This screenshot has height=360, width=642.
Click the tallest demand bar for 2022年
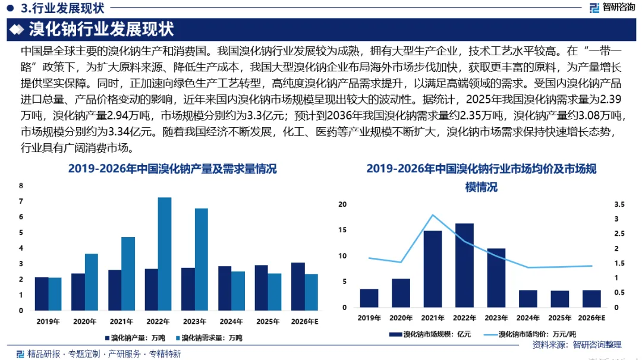(x=165, y=254)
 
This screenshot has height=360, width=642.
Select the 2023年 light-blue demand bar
(x=202, y=260)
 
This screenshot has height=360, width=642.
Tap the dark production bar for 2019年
(x=42, y=293)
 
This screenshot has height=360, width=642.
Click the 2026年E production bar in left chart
(x=298, y=286)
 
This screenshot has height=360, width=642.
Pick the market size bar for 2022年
(x=464, y=265)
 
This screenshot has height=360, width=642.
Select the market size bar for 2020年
(x=401, y=293)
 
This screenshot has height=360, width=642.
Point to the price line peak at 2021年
(x=433, y=215)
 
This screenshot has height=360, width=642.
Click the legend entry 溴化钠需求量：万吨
(x=209, y=338)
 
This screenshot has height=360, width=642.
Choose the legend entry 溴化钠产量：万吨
(x=135, y=338)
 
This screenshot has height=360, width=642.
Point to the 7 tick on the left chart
(x=21, y=201)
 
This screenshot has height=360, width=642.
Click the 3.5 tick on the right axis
(x=619, y=204)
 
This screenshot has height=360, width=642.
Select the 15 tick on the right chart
(x=342, y=230)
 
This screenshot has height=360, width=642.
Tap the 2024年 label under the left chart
(x=231, y=321)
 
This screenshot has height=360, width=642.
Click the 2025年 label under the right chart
(x=560, y=318)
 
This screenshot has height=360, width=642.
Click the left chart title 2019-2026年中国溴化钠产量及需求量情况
(x=172, y=169)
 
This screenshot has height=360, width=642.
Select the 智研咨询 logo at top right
(x=612, y=7)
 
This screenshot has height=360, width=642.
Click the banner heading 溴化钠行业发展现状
(x=101, y=30)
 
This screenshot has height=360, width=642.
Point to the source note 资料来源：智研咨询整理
(x=577, y=345)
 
